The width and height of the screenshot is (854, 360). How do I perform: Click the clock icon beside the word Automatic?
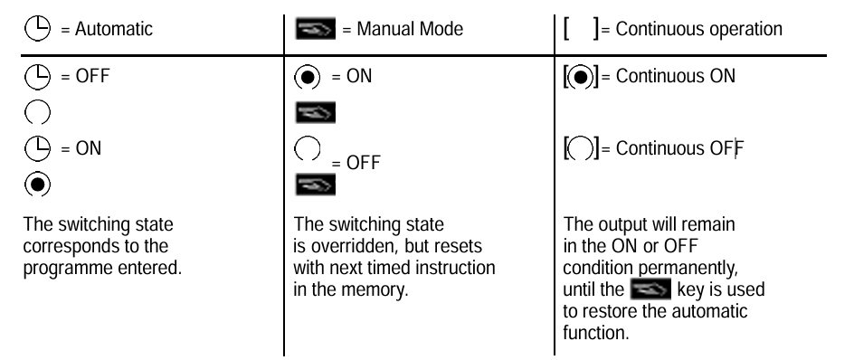coord(38,28)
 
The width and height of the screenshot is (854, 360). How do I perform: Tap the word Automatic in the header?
coord(114,29)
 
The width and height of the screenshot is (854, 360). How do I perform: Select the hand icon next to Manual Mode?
coord(316,28)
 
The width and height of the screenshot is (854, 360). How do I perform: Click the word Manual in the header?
coord(385,29)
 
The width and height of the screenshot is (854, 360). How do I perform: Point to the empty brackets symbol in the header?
coord(581,28)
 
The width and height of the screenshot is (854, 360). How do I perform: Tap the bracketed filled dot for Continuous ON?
coord(581,77)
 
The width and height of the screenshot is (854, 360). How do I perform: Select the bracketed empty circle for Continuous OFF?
coord(581,148)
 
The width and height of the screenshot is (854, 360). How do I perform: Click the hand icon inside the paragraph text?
coord(650,289)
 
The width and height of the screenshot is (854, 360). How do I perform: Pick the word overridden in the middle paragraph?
coord(356,246)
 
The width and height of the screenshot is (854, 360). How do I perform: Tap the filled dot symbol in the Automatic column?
coord(38,185)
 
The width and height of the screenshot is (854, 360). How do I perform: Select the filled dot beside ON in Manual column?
coord(308,78)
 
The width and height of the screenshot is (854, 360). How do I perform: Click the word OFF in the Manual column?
coord(364,162)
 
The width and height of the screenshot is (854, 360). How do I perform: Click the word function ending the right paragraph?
coord(596,333)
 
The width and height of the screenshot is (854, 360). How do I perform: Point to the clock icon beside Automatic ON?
coord(38,148)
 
